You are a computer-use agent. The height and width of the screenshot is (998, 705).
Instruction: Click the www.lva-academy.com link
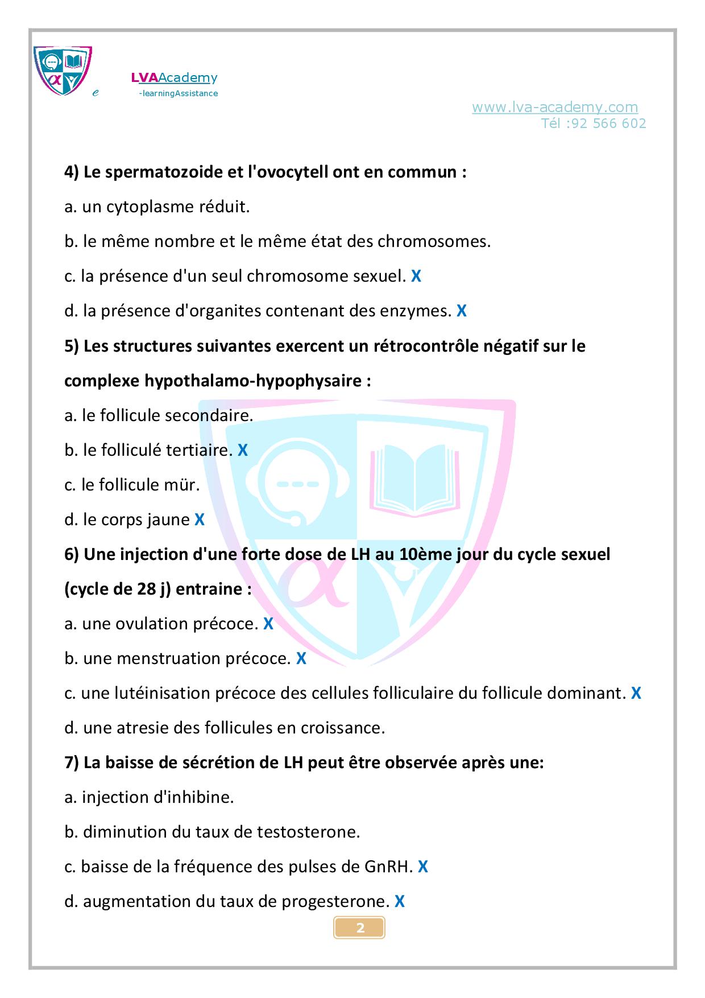tap(554, 107)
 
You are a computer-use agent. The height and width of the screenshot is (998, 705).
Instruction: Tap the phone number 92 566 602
tap(606, 123)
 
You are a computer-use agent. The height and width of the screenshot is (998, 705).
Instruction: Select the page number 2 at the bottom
tap(360, 928)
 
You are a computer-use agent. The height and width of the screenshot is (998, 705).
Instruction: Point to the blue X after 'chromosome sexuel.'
tap(416, 277)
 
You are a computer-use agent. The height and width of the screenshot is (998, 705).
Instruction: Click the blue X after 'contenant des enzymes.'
tap(461, 311)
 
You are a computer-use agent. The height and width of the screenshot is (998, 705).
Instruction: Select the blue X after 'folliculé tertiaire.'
tap(243, 451)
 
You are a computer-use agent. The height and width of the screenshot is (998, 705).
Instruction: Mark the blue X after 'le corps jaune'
tap(200, 520)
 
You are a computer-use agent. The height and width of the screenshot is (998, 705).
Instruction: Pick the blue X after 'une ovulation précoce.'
tap(268, 624)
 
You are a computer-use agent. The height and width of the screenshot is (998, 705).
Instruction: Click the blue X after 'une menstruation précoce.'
tap(301, 659)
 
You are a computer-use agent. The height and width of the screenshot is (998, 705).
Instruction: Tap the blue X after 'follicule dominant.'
tap(636, 694)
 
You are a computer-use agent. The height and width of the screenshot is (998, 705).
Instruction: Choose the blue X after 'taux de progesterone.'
tap(400, 902)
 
